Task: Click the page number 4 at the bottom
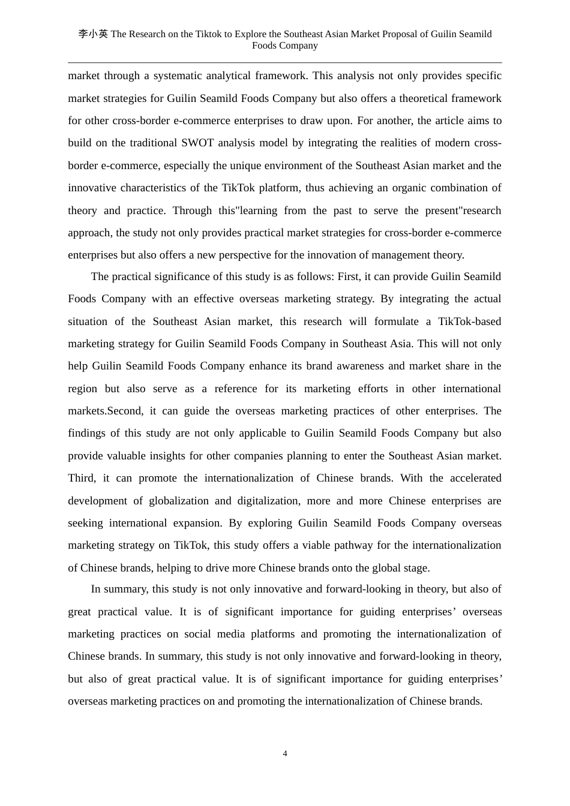click(285, 754)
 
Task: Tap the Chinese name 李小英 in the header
click(93, 34)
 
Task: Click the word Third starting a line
click(82, 478)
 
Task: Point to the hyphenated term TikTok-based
click(469, 321)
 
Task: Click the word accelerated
click(469, 478)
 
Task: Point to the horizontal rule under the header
click(285, 62)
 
